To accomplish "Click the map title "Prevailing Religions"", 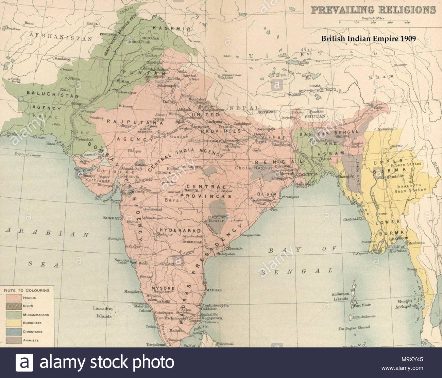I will pyautogui.click(x=373, y=10).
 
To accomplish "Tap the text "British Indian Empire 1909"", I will pyautogui.click(x=369, y=38).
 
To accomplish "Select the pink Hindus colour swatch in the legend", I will pyautogui.click(x=14, y=298).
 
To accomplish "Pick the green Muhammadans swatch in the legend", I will pyautogui.click(x=14, y=315).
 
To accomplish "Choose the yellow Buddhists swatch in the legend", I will pyautogui.click(x=14, y=323).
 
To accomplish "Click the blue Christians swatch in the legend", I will pyautogui.click(x=14, y=332).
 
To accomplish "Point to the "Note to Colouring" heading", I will pyautogui.click(x=27, y=290).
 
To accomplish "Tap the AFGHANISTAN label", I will pyautogui.click(x=61, y=37).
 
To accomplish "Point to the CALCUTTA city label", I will pyautogui.click(x=307, y=174).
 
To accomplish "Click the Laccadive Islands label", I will pyautogui.click(x=102, y=312).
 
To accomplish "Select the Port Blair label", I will pyautogui.click(x=361, y=305).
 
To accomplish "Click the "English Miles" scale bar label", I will pyautogui.click(x=372, y=17).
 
